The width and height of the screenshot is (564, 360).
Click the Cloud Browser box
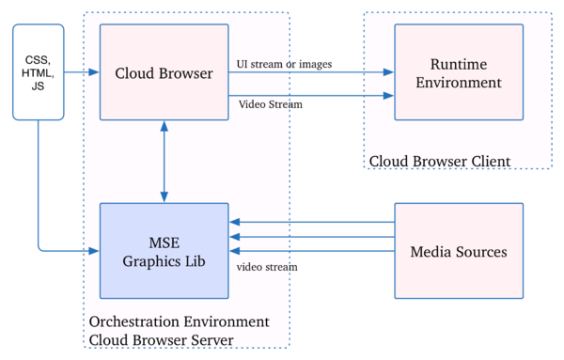pos(164,72)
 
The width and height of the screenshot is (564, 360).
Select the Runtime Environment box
pos(459,72)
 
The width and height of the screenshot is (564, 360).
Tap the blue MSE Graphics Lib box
pos(164,251)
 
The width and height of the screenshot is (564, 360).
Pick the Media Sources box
pos(459,251)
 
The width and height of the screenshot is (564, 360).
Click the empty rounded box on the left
pos(38,72)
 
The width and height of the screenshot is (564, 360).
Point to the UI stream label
pos(264,64)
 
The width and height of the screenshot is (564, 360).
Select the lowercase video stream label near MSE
pos(263,267)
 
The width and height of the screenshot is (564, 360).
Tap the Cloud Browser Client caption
pos(439,161)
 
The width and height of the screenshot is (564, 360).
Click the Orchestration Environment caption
pos(179,321)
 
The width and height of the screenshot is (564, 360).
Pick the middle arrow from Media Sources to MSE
pos(311,237)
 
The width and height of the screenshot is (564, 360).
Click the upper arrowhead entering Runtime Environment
pos(387,71)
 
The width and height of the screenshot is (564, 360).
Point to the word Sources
pos(478,252)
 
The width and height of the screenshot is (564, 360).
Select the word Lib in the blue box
pos(192,260)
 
